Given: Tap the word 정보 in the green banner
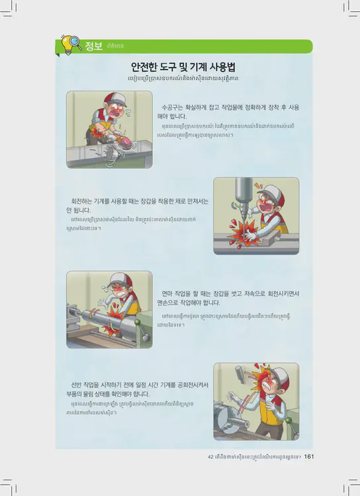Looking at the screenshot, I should (94, 46).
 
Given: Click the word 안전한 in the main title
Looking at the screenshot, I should (144, 67).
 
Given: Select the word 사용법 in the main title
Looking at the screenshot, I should (222, 67).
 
